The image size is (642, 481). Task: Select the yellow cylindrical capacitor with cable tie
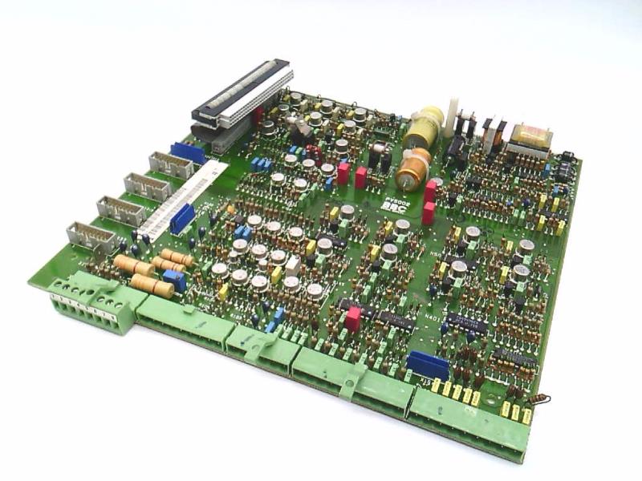423,127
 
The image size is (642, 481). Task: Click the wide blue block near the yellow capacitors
428,366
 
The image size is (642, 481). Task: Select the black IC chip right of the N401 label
465,323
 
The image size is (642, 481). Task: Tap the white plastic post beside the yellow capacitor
453,115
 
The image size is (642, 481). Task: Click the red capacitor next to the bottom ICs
352,319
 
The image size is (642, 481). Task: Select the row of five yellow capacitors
455,390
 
